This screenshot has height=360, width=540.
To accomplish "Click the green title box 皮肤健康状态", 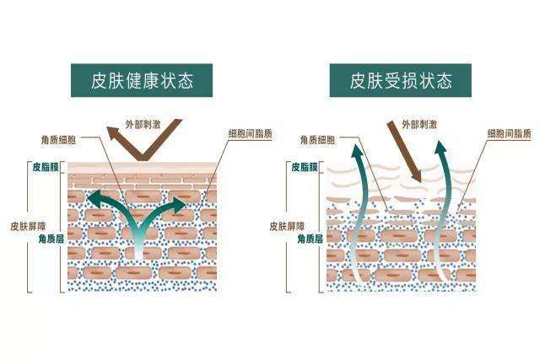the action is coord(142,80).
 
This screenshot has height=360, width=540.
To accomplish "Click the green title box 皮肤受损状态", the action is coord(401,80).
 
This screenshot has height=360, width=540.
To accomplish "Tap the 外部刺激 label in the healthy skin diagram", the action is coord(143,124).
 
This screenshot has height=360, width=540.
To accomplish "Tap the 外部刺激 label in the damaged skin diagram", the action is coord(419,124).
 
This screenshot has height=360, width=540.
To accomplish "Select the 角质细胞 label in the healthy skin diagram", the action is coord(58,140).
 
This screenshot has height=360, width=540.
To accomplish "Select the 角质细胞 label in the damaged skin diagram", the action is coord(317,140).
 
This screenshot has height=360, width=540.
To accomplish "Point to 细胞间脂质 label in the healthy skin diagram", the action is coord(251,133).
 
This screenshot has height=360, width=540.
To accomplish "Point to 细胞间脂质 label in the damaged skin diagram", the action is coord(510,133).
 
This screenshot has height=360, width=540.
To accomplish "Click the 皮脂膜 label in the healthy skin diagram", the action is coord(46,167).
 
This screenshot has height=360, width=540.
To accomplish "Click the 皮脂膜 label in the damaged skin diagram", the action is coord(305,167).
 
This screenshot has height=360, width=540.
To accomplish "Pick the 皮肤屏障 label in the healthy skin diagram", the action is coord(28,226).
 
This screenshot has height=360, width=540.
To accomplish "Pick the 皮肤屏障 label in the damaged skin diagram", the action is coord(287,226).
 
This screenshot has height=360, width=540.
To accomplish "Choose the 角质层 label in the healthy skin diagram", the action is coord(51,239).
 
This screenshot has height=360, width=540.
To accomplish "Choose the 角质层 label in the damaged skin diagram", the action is coord(310,239).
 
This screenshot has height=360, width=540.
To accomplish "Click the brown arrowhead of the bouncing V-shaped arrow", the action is coord(113,133).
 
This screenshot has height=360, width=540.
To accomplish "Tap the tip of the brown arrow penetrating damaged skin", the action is coord(420,181).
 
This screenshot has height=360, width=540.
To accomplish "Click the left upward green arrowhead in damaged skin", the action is coord(358,151).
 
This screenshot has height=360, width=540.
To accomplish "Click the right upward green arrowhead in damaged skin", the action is coord(440,147).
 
